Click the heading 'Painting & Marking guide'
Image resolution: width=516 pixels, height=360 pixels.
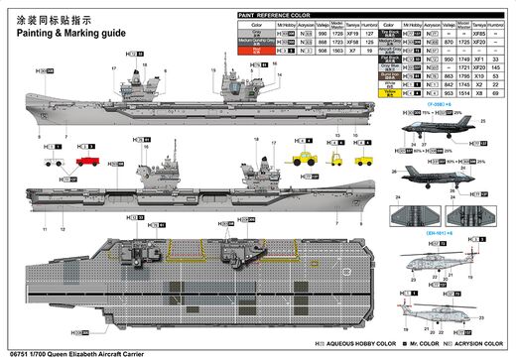point(68,32)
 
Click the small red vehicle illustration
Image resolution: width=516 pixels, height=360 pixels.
point(86,157)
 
